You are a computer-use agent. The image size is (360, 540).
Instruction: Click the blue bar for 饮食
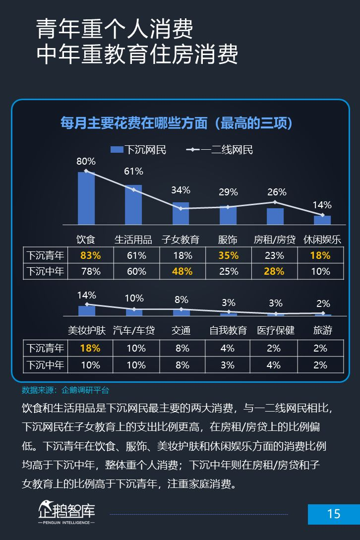coord(86,198)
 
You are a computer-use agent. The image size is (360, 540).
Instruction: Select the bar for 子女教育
coord(180,214)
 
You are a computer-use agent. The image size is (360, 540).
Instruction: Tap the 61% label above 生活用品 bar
coord(133,172)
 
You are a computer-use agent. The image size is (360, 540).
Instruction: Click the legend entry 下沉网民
coord(138,150)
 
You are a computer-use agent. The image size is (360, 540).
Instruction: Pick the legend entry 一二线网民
coord(220,150)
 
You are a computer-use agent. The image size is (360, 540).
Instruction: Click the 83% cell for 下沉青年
coord(90,256)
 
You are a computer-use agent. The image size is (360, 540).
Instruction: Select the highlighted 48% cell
coord(182,272)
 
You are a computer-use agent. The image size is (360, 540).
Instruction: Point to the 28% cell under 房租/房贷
coord(274,272)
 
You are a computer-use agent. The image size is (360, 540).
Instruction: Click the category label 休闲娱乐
coord(322,240)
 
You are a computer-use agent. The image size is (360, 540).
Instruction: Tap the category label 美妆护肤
coord(87,330)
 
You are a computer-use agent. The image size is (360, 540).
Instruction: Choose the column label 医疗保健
coord(276,330)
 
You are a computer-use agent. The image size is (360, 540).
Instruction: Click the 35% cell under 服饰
coord(228,256)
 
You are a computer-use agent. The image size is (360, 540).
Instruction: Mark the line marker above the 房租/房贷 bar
coord(275,202)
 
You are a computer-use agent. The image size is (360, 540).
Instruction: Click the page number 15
coord(334,514)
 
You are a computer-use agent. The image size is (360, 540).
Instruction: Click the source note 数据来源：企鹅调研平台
coord(65,390)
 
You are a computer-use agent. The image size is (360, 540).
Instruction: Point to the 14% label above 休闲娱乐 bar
coord(322,205)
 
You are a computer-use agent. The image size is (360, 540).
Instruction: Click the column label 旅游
coord(323,330)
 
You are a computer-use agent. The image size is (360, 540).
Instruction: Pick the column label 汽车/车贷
coord(134,330)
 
